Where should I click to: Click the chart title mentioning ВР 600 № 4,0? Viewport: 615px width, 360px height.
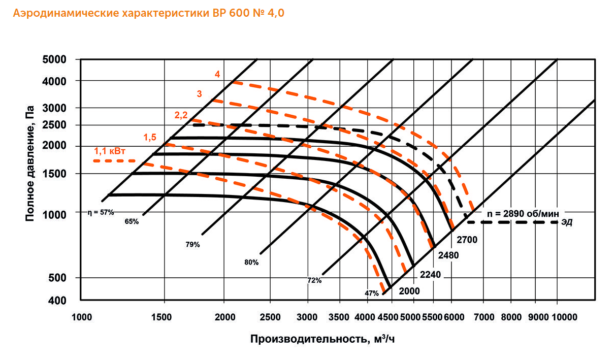click(148, 14)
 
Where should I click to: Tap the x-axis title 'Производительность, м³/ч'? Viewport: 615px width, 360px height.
click(322, 339)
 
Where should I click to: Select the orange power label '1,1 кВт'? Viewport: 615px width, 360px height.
click(110, 151)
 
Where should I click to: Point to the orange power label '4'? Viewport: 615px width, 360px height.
click(217, 74)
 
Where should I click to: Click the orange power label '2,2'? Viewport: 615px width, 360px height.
click(181, 115)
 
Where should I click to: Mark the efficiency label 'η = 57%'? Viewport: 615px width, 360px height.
click(100, 213)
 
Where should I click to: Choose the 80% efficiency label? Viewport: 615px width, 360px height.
click(251, 263)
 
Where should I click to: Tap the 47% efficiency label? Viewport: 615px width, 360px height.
click(371, 293)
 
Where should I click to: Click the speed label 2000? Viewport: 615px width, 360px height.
click(409, 291)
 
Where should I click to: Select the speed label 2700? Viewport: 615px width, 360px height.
click(466, 238)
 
